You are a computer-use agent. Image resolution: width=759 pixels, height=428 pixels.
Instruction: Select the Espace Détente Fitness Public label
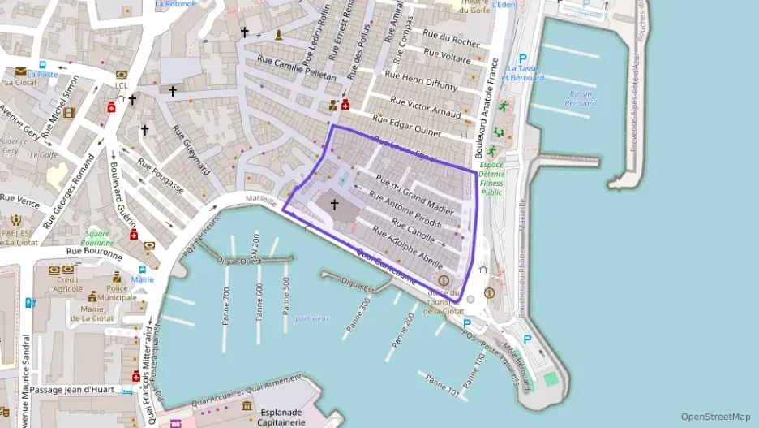[491, 179]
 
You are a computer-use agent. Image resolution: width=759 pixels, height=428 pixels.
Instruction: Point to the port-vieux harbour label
[312, 318]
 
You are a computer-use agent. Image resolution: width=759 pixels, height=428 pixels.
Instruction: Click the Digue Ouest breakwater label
[239, 262]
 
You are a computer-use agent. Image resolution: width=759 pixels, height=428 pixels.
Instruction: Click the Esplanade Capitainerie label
[281, 417]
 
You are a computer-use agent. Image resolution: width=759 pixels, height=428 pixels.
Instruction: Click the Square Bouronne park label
[97, 238]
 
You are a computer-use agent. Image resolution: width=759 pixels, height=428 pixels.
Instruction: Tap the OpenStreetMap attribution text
[716, 417]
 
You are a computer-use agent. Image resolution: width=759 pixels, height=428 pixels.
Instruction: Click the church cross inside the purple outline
[333, 205]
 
